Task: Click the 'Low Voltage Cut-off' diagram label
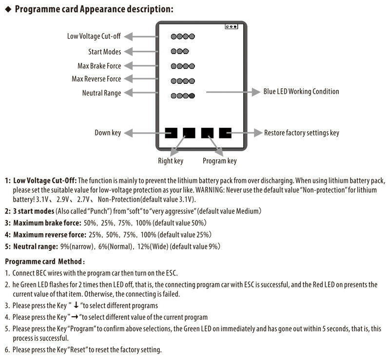94,37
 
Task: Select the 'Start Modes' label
105,52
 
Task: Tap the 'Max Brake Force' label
99,66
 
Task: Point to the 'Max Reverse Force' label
96,79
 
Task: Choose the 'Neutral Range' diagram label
102,93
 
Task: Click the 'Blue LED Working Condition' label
301,92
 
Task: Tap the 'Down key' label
108,133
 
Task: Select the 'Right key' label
171,161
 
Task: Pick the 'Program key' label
220,161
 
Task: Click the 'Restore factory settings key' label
302,133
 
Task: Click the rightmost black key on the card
225,133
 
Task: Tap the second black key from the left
189,133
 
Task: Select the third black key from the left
207,133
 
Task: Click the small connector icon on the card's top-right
231,26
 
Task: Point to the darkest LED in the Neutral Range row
192,96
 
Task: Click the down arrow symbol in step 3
76,305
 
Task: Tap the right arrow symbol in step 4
75,317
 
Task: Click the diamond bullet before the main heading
8,9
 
